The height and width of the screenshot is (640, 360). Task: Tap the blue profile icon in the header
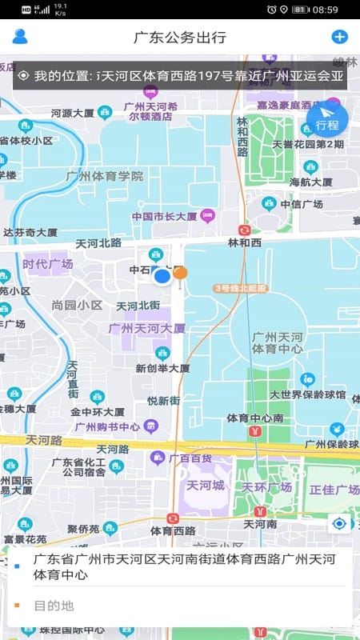pyautogui.click(x=20, y=37)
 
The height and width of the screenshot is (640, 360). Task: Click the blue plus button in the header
pyautogui.click(x=339, y=37)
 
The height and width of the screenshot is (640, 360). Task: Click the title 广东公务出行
pyautogui.click(x=180, y=38)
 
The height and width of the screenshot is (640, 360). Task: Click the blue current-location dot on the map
pyautogui.click(x=162, y=277)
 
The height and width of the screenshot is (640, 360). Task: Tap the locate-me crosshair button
pyautogui.click(x=340, y=524)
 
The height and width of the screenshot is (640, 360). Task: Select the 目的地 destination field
pyautogui.click(x=180, y=606)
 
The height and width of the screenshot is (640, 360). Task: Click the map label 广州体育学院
pyautogui.click(x=105, y=176)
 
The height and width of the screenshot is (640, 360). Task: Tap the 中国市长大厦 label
pyautogui.click(x=164, y=216)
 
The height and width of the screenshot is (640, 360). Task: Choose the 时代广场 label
pyautogui.click(x=47, y=264)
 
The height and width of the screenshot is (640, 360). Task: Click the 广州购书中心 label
pyautogui.click(x=107, y=426)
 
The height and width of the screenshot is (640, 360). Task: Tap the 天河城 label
pyautogui.click(x=205, y=486)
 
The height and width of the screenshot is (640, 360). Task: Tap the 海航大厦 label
pyautogui.click(x=310, y=182)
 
